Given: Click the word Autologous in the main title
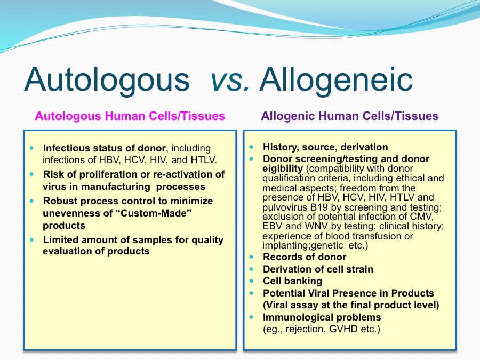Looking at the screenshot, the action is pyautogui.click(x=107, y=80).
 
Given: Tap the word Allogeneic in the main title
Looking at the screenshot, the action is pyautogui.click(x=336, y=80).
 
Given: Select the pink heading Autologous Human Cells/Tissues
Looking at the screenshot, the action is pyautogui.click(x=130, y=116).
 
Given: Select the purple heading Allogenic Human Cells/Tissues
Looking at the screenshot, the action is pyautogui.click(x=349, y=116).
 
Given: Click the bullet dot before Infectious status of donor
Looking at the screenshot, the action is pyautogui.click(x=32, y=148).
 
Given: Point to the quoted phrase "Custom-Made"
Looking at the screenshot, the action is pyautogui.click(x=154, y=213).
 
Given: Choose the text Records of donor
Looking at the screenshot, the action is pyautogui.click(x=305, y=257).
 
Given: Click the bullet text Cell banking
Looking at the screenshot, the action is pyautogui.click(x=292, y=281).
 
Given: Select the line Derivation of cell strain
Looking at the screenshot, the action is pyautogui.click(x=318, y=269).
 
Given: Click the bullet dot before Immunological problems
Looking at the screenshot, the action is pyautogui.click(x=251, y=317).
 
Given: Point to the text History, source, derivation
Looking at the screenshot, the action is pyautogui.click(x=325, y=147).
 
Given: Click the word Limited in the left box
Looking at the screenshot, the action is pyautogui.click(x=60, y=239).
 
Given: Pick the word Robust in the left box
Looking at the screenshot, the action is pyautogui.click(x=60, y=201).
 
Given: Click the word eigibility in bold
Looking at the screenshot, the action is pyautogui.click(x=283, y=169).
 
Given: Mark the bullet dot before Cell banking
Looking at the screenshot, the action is pyautogui.click(x=251, y=281).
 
